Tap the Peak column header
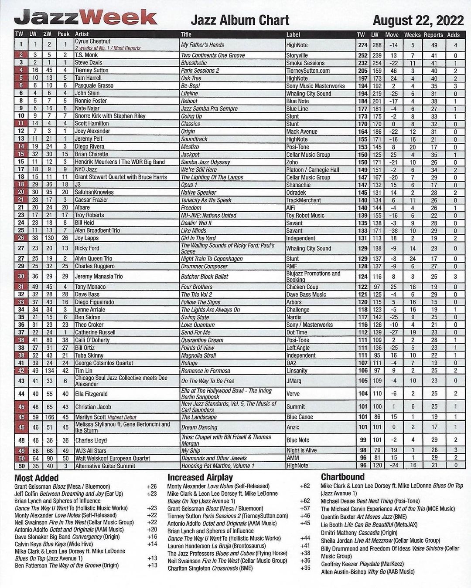click(64, 34)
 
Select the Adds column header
click(453, 34)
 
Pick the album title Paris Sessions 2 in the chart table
click(200, 71)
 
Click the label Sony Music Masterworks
click(315, 86)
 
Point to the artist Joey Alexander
click(92, 131)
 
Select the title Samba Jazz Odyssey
click(205, 162)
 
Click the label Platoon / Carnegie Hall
click(313, 169)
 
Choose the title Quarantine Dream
click(202, 340)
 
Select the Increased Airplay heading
click(200, 477)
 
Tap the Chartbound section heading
click(343, 477)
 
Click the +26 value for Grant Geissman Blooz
click(152, 487)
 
